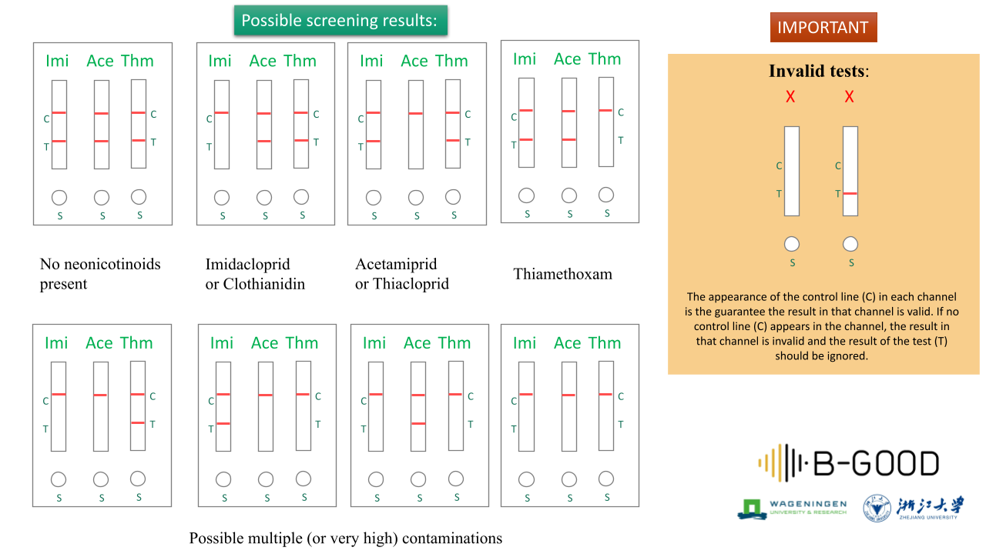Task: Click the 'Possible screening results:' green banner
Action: click(340, 21)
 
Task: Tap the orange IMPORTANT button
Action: click(823, 28)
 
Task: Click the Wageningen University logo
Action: click(792, 508)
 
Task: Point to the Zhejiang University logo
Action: click(914, 508)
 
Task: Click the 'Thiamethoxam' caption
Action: click(562, 274)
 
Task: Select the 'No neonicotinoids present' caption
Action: click(100, 274)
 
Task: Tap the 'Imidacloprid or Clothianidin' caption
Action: click(255, 274)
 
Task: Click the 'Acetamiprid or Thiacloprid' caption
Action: click(402, 274)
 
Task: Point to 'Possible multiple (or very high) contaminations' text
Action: click(346, 538)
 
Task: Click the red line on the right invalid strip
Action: click(850, 193)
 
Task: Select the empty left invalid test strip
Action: click(791, 171)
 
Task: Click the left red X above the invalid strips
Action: click(790, 97)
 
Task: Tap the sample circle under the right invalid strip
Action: click(850, 244)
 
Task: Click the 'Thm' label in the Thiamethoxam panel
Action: click(604, 59)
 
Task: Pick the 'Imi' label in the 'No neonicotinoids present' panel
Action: click(57, 61)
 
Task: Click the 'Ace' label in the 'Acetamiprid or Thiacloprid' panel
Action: click(414, 61)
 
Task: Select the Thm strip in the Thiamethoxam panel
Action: click(606, 122)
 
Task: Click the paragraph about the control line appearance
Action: click(822, 325)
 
